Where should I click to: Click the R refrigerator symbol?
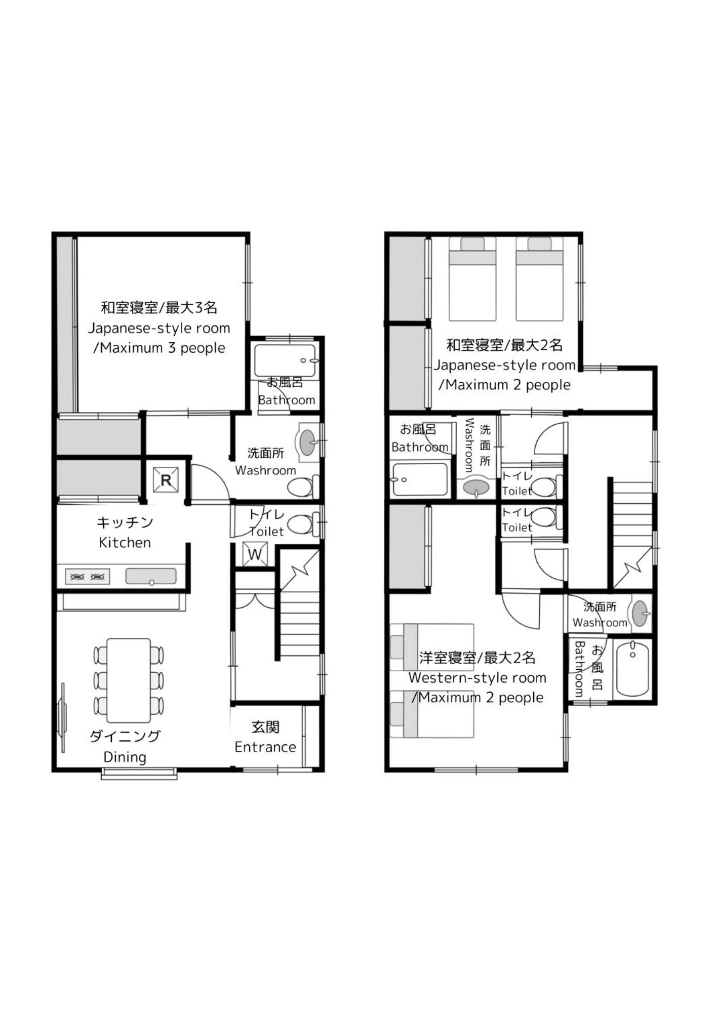(166, 480)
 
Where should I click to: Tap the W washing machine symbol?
(255, 554)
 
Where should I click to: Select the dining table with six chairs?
(129, 680)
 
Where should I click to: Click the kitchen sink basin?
(151, 576)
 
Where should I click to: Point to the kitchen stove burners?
(88, 577)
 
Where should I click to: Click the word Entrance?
(265, 747)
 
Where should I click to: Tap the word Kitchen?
(125, 543)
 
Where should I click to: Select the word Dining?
(125, 757)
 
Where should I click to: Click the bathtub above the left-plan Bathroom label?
(285, 360)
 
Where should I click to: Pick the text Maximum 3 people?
(163, 348)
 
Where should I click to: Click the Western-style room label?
(478, 677)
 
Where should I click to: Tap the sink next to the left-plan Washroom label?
(308, 442)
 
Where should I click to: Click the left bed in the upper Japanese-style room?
(472, 278)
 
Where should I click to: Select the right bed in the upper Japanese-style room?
(539, 278)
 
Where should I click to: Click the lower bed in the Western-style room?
(432, 714)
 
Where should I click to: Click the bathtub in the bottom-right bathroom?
(632, 669)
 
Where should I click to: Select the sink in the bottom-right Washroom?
(640, 613)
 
